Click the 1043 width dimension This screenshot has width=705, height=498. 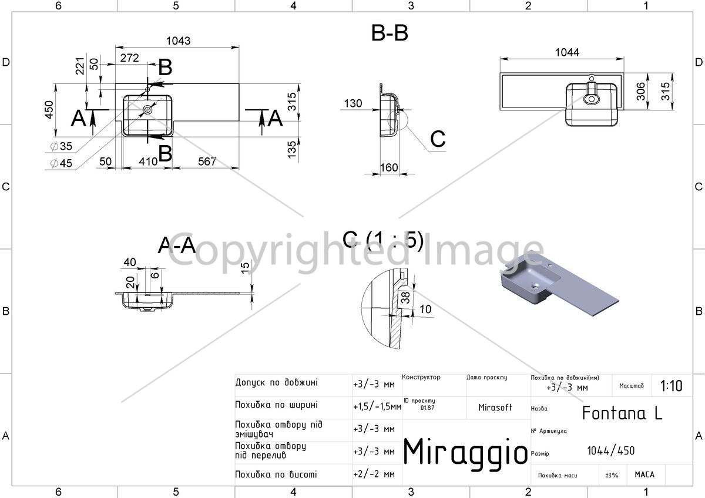click(x=178, y=41)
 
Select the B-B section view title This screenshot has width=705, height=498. click(x=390, y=33)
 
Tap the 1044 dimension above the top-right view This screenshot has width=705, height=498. click(x=567, y=52)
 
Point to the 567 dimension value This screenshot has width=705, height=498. click(x=207, y=161)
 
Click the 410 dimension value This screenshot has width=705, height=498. click(x=148, y=161)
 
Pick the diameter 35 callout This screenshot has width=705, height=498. click(x=61, y=146)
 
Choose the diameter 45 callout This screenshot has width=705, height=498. click(x=61, y=163)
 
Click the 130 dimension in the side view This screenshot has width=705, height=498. click(x=353, y=103)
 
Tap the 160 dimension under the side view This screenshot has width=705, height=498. click(x=389, y=167)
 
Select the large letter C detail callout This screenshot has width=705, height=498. click(x=438, y=139)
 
